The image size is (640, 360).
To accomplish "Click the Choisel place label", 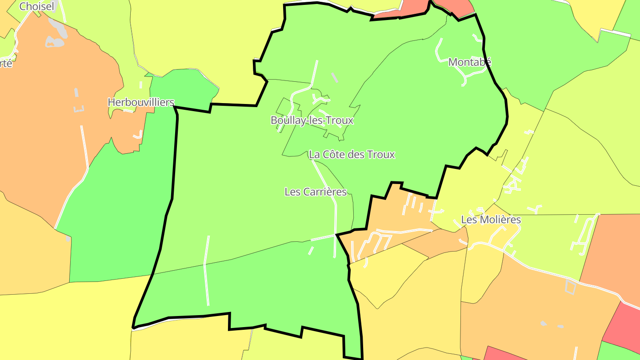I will (x=37, y=6).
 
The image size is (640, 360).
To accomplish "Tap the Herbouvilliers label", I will (x=141, y=102).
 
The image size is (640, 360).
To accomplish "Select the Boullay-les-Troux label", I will (x=312, y=120).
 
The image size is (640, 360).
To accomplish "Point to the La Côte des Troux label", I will (x=352, y=155).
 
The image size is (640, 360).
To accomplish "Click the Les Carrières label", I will (x=316, y=192).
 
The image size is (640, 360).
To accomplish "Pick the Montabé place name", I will (x=470, y=62).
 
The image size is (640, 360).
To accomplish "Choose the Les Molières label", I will (x=491, y=220).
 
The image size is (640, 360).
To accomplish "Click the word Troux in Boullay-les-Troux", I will (x=340, y=120).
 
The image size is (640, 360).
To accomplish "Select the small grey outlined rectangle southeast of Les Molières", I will (x=571, y=288).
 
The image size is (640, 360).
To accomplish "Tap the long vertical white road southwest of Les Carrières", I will (x=206, y=271).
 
